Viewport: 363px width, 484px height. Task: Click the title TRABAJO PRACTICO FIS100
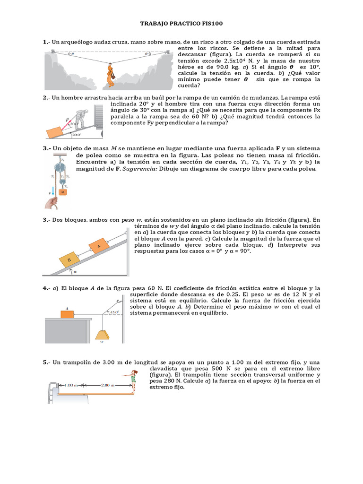181,23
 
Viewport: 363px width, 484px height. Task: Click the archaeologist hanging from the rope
110,74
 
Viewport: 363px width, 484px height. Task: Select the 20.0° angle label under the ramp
76,135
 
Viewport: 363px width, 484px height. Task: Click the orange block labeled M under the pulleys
63,192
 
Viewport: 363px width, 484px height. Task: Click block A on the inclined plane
99,246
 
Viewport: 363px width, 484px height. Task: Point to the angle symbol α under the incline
74,272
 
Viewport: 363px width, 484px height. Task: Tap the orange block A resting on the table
67,314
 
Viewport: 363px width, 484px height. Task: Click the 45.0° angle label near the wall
115,312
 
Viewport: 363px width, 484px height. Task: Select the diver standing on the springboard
135,380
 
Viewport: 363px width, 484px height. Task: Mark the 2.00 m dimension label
106,386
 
